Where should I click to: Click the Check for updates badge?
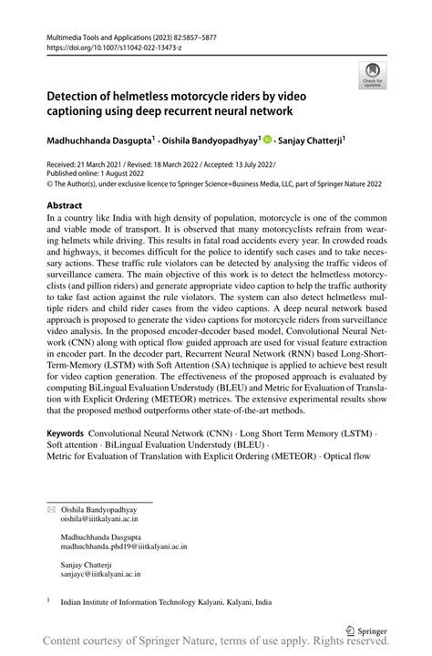point(373,75)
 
